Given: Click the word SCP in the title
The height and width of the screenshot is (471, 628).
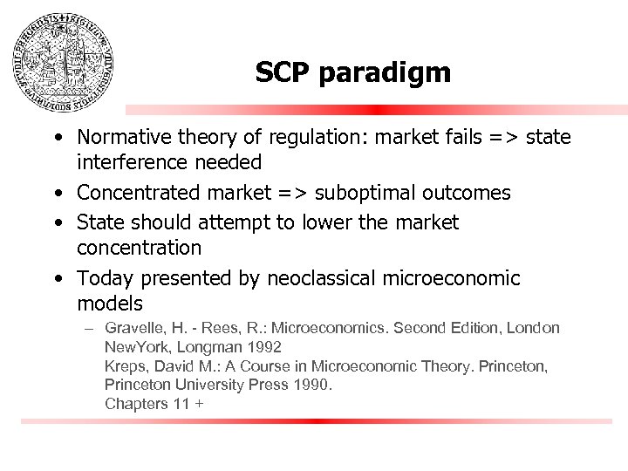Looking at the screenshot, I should (x=285, y=73).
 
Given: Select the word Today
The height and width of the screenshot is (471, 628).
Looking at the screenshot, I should (x=102, y=279).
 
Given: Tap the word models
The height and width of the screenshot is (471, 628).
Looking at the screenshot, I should (x=109, y=304).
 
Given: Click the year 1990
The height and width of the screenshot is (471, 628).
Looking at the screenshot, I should (x=312, y=385).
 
